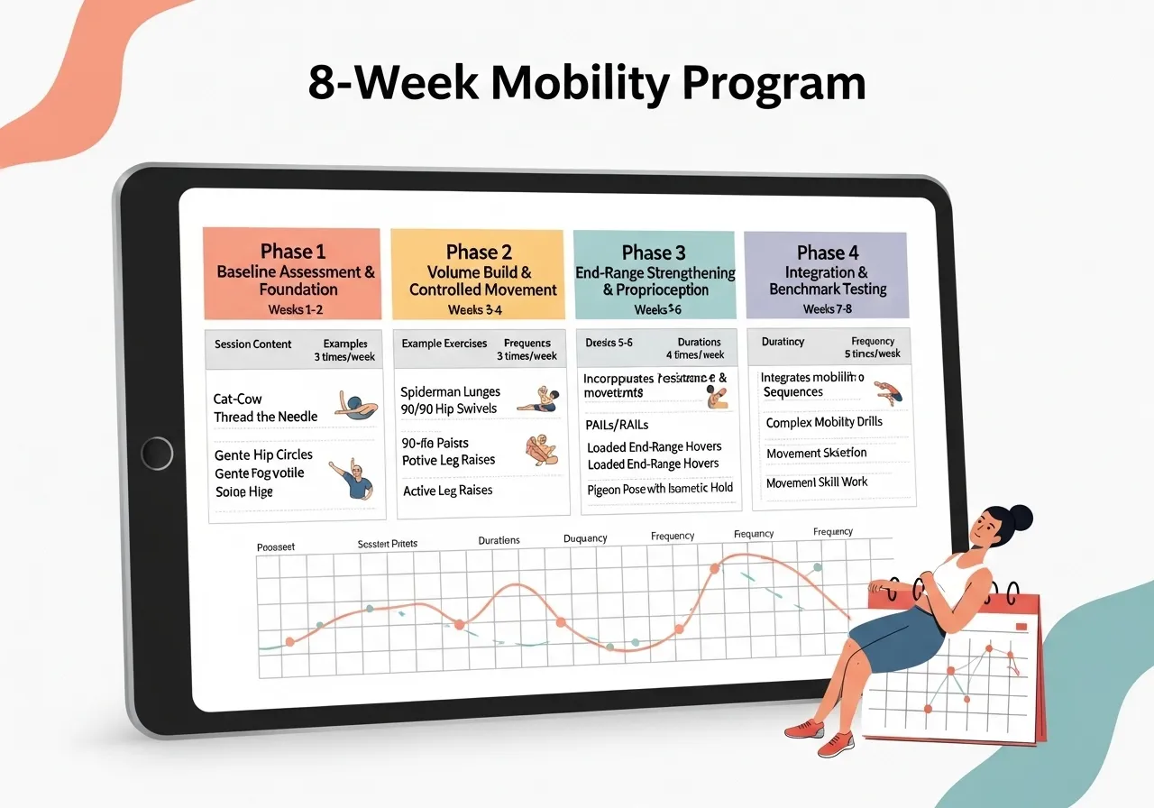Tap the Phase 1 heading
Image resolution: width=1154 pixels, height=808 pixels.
point(293,252)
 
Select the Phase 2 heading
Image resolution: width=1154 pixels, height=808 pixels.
point(479,252)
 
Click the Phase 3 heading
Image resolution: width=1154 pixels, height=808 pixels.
point(654,253)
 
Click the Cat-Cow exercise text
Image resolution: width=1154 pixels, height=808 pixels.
point(238,399)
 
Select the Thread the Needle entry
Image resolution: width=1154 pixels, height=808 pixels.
point(266,417)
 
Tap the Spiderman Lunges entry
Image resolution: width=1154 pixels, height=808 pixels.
point(450,392)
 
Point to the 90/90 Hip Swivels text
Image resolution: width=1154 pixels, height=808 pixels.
point(449,409)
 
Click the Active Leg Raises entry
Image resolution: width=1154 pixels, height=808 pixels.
point(448,491)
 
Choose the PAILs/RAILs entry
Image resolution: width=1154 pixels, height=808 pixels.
point(618,425)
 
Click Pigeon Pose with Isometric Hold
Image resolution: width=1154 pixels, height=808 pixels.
point(660,488)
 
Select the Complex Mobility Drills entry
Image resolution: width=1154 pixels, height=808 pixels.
point(824,422)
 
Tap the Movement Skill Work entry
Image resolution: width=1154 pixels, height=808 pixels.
point(817,482)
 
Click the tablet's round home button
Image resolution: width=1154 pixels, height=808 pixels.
point(157,452)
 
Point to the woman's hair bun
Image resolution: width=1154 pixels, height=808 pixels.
point(1021,518)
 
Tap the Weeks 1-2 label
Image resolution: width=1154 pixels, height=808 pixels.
point(295,310)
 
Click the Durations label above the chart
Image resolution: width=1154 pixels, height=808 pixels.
point(499,540)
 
